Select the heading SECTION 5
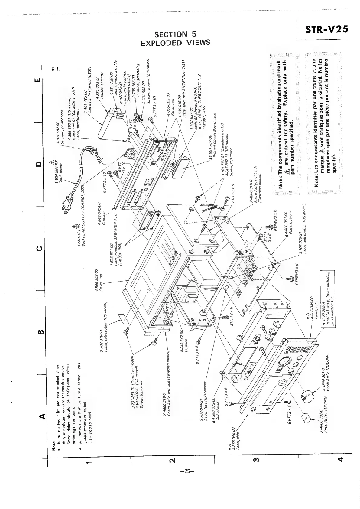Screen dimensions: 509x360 point(176,34)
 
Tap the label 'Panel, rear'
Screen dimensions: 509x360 point(174,112)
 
